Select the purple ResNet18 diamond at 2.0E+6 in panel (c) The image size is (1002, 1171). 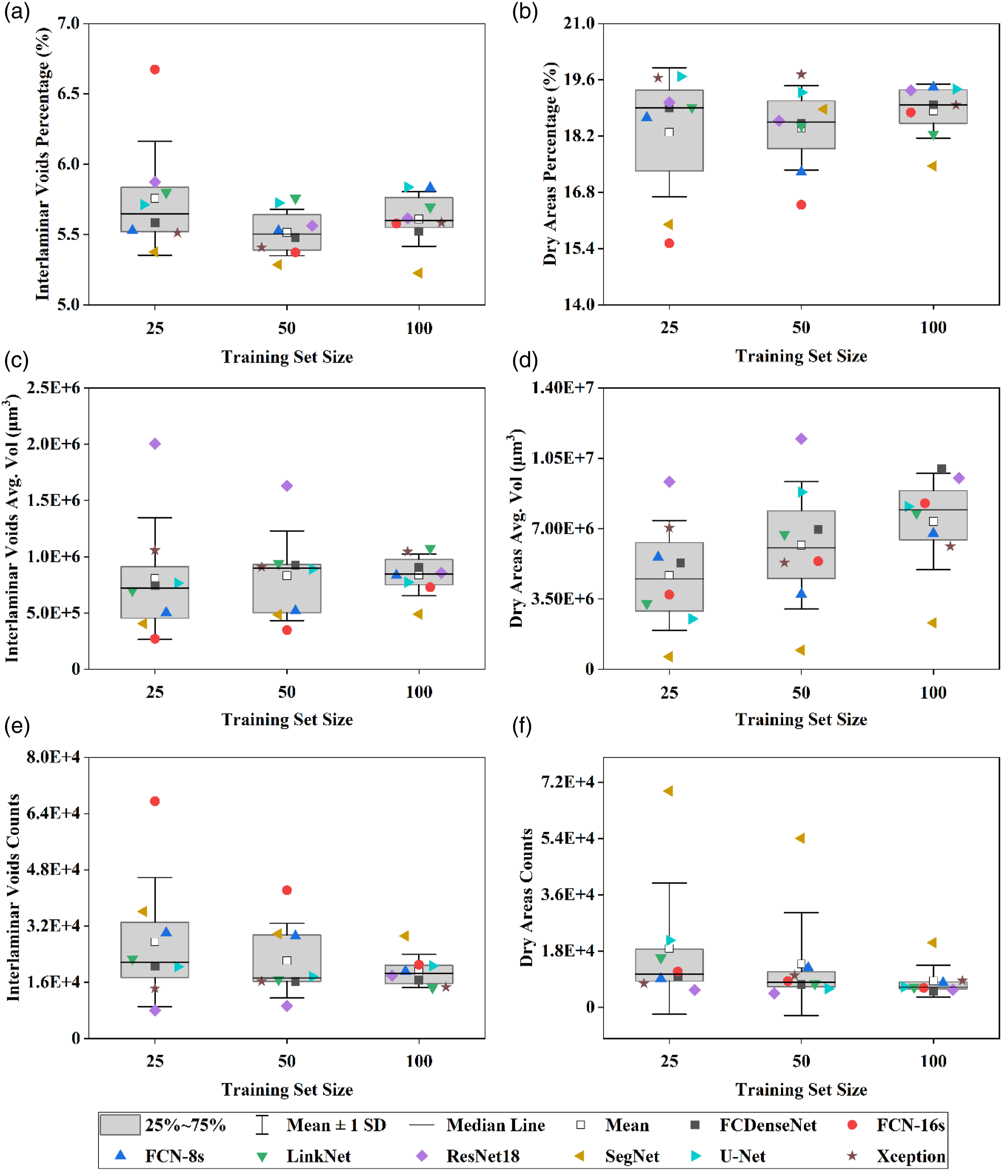(x=155, y=444)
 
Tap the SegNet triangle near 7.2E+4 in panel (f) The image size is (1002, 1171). (x=668, y=791)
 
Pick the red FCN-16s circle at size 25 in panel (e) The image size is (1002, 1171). (x=155, y=801)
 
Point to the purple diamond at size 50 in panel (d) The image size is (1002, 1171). (x=801, y=439)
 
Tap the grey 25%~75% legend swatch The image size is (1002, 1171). (x=120, y=1125)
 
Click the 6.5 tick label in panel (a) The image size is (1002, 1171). (x=68, y=93)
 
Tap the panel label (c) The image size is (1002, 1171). (x=17, y=360)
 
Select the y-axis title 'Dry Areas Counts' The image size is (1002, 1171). (x=527, y=898)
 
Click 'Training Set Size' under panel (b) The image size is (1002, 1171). (x=801, y=356)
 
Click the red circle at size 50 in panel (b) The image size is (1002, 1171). (x=801, y=204)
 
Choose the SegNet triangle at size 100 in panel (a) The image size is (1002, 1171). (x=418, y=273)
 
